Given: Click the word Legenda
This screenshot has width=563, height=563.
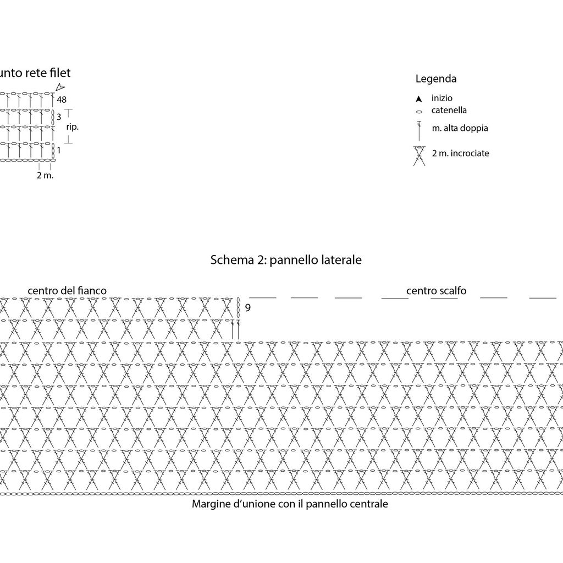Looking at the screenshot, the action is pyautogui.click(x=436, y=79).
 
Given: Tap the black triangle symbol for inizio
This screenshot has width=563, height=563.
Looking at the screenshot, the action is pyautogui.click(x=418, y=99).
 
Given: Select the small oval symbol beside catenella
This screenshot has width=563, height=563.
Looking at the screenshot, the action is pyautogui.click(x=419, y=112).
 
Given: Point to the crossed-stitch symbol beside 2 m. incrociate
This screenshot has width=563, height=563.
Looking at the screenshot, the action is pyautogui.click(x=419, y=156).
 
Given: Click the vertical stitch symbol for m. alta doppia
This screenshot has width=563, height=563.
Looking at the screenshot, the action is pyautogui.click(x=419, y=131).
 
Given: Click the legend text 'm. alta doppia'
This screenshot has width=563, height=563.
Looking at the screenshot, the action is pyautogui.click(x=460, y=128).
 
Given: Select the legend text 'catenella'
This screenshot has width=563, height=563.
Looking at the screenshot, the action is pyautogui.click(x=449, y=110).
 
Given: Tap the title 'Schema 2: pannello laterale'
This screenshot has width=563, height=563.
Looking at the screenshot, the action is pyautogui.click(x=286, y=260).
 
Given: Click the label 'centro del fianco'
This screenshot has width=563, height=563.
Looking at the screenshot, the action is pyautogui.click(x=67, y=290).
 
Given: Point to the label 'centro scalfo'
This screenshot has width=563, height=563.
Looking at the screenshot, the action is pyautogui.click(x=436, y=290).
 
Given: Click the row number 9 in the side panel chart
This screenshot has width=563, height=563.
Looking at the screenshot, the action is pyautogui.click(x=248, y=308).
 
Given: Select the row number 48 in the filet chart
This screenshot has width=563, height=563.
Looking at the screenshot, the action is pyautogui.click(x=62, y=100).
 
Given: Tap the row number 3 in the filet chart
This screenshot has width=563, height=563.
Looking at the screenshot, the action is pyautogui.click(x=59, y=117).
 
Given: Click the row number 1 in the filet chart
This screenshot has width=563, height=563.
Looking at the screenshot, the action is pyautogui.click(x=59, y=150).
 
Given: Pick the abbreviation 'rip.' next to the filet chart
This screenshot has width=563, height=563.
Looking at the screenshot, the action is pyautogui.click(x=72, y=127).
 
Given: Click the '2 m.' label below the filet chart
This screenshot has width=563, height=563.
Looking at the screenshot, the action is pyautogui.click(x=45, y=175).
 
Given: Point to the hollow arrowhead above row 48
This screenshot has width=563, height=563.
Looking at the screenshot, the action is pyautogui.click(x=60, y=87).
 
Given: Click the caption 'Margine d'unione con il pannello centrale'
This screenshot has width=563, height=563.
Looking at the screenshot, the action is pyautogui.click(x=290, y=504).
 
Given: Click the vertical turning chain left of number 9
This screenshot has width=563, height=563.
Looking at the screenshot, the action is pyautogui.click(x=238, y=307).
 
